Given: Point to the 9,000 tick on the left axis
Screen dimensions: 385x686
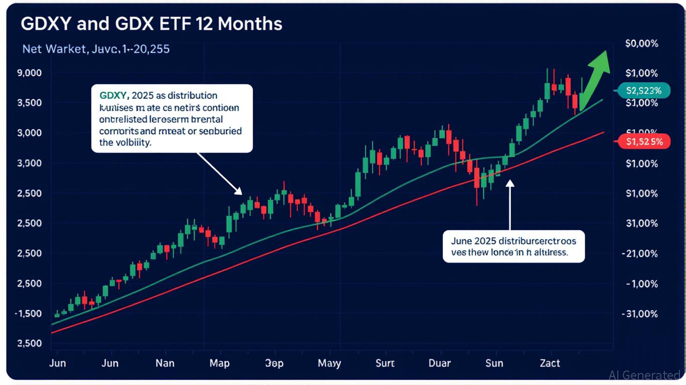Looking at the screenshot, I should pyautogui.click(x=29, y=73).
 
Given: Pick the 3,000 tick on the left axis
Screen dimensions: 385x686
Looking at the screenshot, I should pyautogui.click(x=29, y=133).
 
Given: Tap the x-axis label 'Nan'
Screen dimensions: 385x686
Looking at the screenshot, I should pyautogui.click(x=165, y=363).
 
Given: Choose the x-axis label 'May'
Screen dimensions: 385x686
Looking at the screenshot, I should pyautogui.click(x=329, y=363).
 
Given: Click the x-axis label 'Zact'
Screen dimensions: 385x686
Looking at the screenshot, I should pyautogui.click(x=550, y=363).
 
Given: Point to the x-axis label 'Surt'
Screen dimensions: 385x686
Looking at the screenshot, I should pyautogui.click(x=385, y=363).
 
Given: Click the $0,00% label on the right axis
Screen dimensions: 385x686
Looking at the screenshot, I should pyautogui.click(x=641, y=44).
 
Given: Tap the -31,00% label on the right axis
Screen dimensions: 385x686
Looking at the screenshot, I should pyautogui.click(x=639, y=314).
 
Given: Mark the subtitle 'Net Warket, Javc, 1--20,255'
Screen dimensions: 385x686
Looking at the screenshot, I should pyautogui.click(x=96, y=49).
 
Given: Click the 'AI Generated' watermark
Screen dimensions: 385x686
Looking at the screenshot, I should pyautogui.click(x=644, y=375).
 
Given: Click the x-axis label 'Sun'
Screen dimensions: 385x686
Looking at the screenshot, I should pyautogui.click(x=494, y=363).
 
